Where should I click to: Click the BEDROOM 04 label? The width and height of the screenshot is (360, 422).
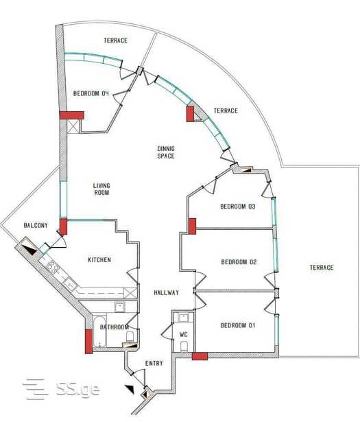coord(91,93)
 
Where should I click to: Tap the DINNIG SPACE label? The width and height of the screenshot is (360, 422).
coord(166,152)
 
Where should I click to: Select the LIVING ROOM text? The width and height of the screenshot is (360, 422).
coord(101,189)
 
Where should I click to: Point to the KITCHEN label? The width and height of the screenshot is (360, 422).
coord(99,259)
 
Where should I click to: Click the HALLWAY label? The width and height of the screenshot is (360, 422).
coord(167,292)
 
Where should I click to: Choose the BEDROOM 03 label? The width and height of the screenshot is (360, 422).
coord(238,207)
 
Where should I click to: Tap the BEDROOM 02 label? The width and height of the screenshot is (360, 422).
coord(239,262)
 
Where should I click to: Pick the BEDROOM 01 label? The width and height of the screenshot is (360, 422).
coord(238,325)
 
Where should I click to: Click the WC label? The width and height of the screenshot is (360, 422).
coord(184,335)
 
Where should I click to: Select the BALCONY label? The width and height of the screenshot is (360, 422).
coord(36,225)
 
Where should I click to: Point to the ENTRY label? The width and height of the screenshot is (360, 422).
coord(154,363)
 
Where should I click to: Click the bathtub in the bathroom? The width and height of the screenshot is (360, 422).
coord(99,331)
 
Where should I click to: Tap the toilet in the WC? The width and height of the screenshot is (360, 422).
coord(184,347)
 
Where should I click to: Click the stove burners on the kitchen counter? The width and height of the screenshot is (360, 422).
coord(52,267)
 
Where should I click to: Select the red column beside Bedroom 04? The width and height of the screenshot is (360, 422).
coord(72,115)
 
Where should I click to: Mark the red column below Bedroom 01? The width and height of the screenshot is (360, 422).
coord(200,356)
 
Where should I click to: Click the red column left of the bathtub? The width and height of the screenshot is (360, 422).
coord(88,341)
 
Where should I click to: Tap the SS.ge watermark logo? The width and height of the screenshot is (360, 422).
coord(61,388)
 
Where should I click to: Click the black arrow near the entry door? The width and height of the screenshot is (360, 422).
coord(130,389)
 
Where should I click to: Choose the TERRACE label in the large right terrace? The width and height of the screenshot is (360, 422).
coord(322,268)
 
